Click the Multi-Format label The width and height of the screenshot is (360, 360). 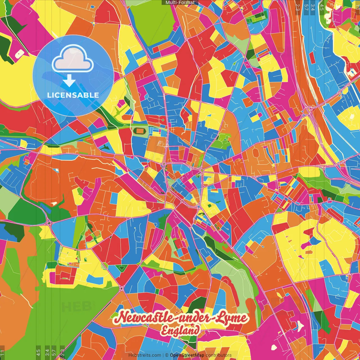(180, 3)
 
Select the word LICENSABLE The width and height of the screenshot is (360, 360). (73, 95)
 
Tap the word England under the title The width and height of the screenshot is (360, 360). (180, 330)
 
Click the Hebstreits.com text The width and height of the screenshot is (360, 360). (145, 355)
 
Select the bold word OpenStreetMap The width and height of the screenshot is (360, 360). (187, 355)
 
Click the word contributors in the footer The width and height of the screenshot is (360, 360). (219, 355)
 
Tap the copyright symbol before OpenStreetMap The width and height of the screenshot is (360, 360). (167, 355)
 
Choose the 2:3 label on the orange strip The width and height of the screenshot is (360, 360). (298, 7)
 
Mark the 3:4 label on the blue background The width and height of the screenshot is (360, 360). (313, 7)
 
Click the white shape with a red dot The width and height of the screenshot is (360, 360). (19, 53)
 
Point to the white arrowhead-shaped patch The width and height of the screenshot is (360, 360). (301, 325)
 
